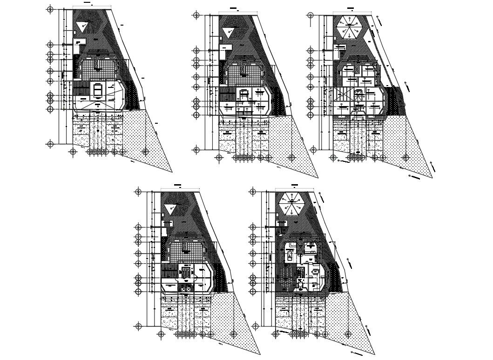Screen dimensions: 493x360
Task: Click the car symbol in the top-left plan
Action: pyautogui.click(x=98, y=89)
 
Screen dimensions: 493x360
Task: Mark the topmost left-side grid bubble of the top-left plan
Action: pyautogui.click(x=50, y=9)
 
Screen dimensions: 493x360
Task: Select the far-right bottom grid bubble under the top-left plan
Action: pyautogui.click(x=146, y=151)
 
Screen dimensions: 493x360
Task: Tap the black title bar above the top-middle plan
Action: pyautogui.click(x=236, y=9)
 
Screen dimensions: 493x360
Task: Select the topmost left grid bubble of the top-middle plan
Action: pyautogui.click(x=196, y=15)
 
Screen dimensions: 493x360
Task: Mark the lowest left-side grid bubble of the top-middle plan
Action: pyautogui.click(x=196, y=150)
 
